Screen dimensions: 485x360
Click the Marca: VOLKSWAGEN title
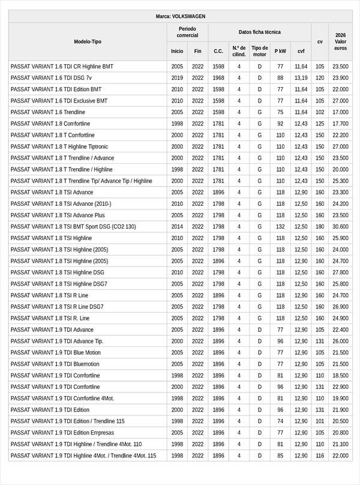tap(180, 17)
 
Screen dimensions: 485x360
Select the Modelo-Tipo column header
tap(88, 41)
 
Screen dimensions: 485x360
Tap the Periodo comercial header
tap(187, 32)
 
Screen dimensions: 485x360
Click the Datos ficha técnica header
tap(259, 32)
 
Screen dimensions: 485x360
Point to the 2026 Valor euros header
tap(340, 41)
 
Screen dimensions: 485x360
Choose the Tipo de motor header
tap(259, 51)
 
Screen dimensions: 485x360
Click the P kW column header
tap(280, 51)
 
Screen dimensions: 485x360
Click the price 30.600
tap(340, 227)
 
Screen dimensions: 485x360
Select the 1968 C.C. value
tap(218, 78)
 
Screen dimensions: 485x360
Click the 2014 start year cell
tap(177, 227)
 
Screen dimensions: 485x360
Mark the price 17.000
tap(340, 112)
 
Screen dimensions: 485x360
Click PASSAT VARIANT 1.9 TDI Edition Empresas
tap(62, 433)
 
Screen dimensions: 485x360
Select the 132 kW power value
tap(280, 227)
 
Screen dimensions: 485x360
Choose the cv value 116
tap(320, 456)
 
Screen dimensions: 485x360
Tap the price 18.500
tap(340, 376)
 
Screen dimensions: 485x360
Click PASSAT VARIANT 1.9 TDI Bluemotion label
tap(55, 364)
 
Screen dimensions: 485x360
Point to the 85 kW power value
tap(280, 456)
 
